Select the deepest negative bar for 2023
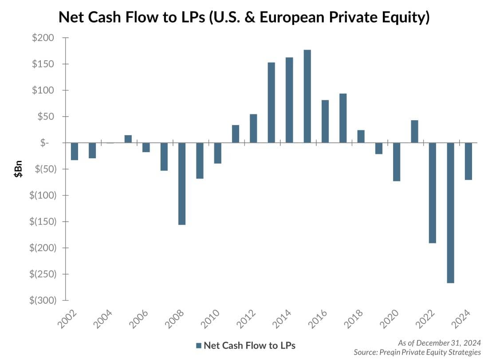[x=450, y=213]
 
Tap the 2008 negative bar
[x=182, y=184]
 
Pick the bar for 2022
[x=432, y=193]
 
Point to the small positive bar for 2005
[x=128, y=139]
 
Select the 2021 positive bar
[x=414, y=131]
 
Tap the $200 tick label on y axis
[x=43, y=38]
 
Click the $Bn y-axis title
[x=17, y=169]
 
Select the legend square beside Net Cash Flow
[x=199, y=345]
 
